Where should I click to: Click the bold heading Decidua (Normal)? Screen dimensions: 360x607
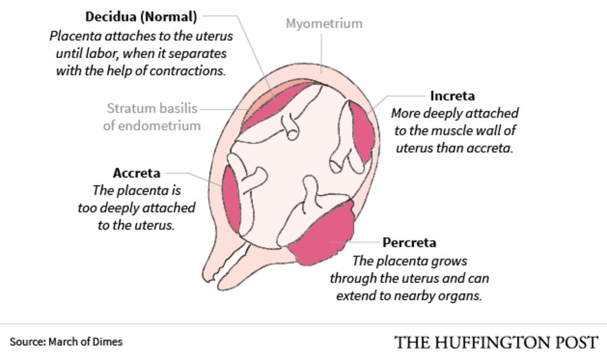[141, 17]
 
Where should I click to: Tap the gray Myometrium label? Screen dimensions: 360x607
[324, 23]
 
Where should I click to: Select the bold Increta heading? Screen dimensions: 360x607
[452, 96]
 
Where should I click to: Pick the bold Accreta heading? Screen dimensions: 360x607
[137, 173]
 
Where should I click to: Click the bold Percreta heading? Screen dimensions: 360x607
[409, 243]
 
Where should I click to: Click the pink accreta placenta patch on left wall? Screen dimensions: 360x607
[231, 200]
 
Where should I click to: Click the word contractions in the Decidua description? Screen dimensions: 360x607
[193, 71]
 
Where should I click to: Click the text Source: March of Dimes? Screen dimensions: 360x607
[66, 342]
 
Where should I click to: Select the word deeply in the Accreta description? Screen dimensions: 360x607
[120, 208]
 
